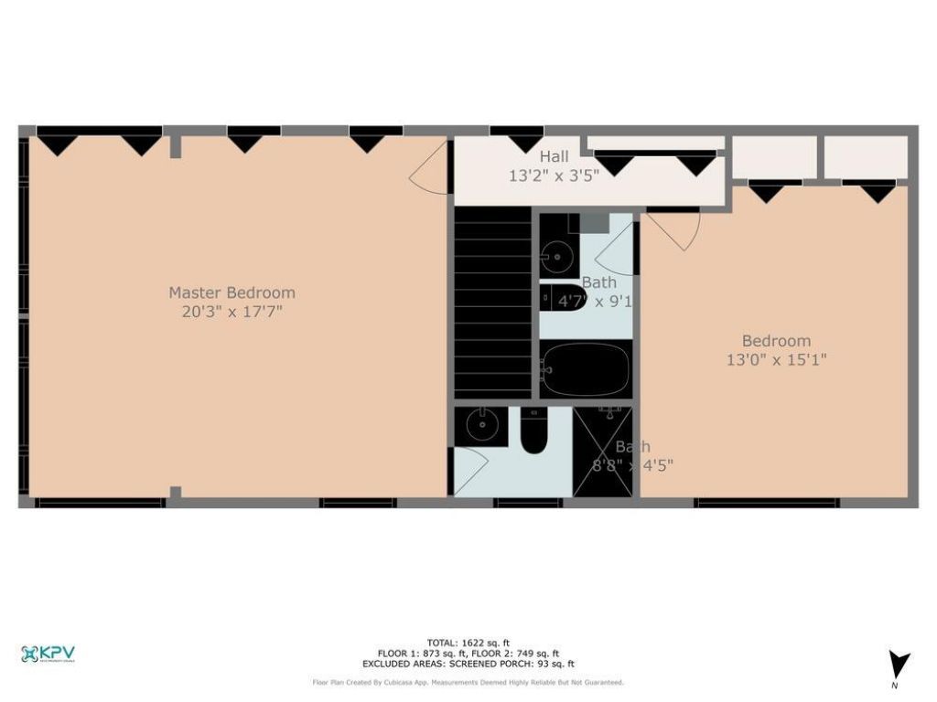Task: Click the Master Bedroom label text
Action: [x=232, y=292]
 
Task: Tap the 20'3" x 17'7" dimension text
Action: [x=232, y=312]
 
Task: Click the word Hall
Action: [x=554, y=156]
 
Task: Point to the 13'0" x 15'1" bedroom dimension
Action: [x=776, y=360]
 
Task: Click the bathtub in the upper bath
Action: [x=585, y=368]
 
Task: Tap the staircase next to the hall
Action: [x=493, y=302]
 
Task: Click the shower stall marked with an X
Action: [x=602, y=452]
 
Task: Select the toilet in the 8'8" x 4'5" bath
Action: [x=533, y=431]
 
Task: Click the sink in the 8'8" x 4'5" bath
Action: [x=477, y=424]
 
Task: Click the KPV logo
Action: [x=48, y=654]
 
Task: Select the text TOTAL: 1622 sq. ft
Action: [x=468, y=643]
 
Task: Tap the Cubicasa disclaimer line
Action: [x=468, y=682]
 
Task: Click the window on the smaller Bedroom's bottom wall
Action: [x=766, y=503]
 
